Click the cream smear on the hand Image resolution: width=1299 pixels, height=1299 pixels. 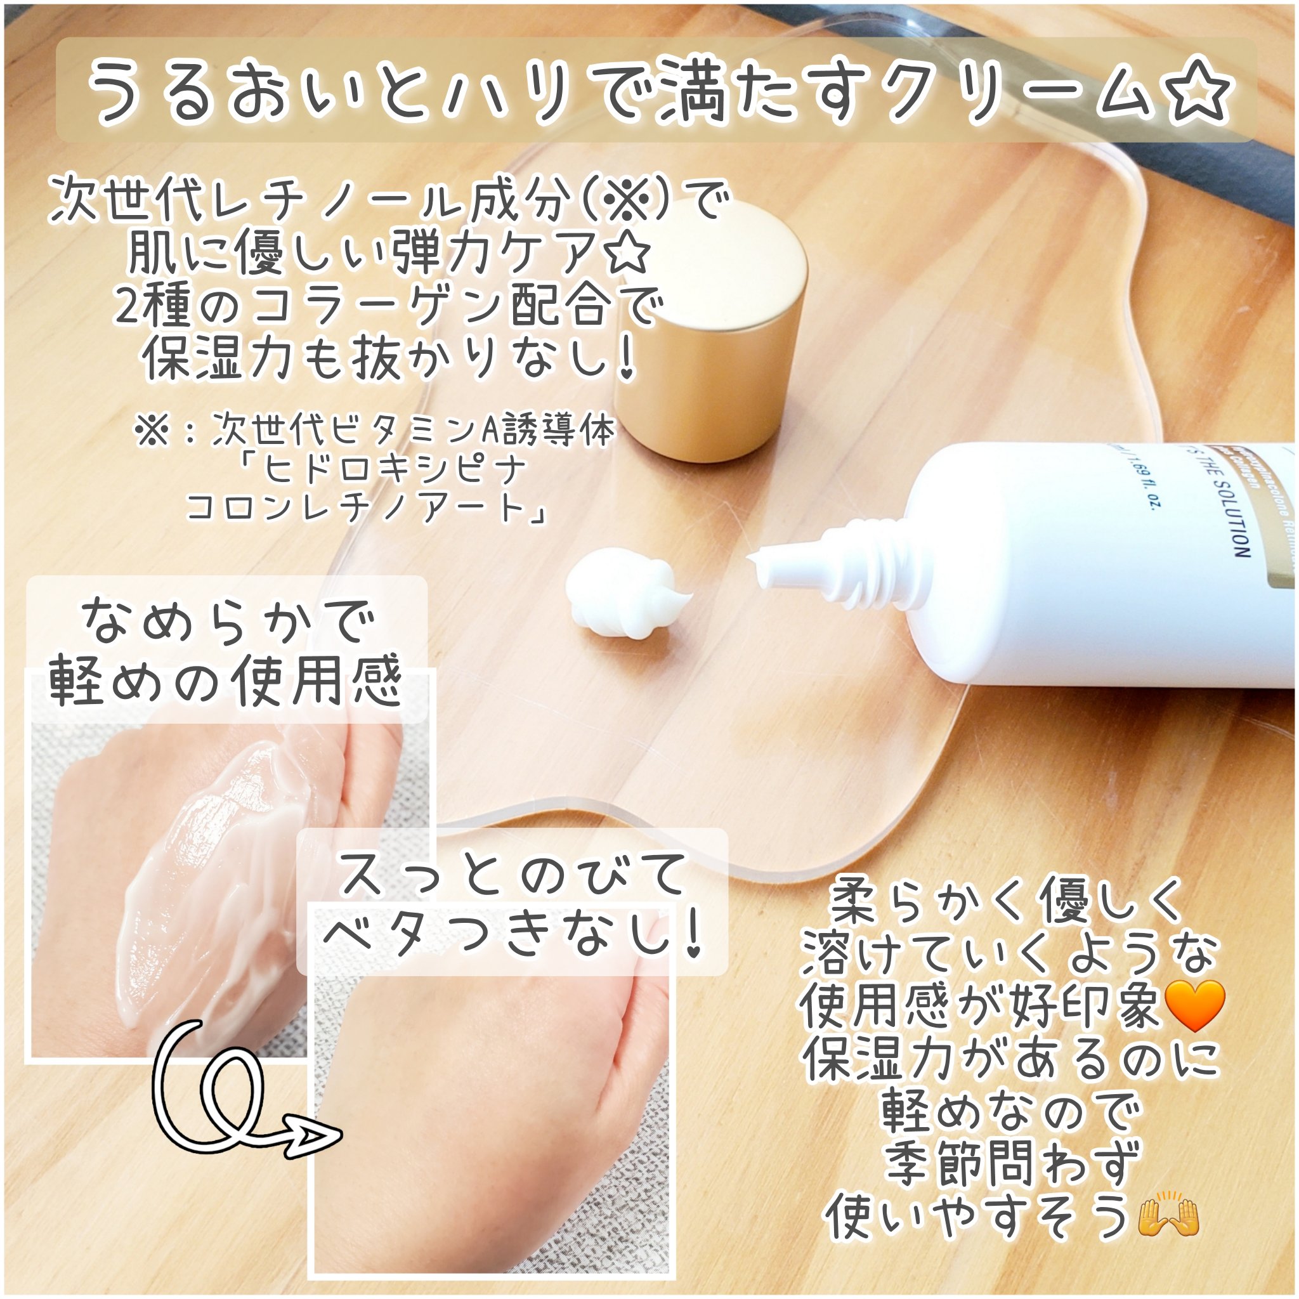point(202,840)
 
